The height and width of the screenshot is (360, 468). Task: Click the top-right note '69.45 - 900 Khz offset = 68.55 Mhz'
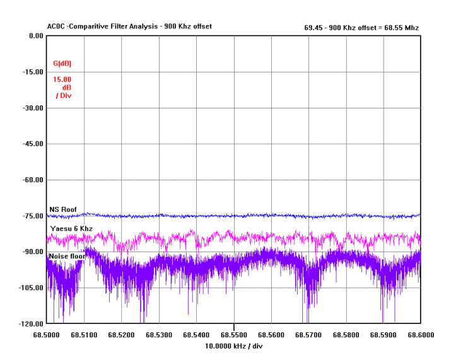[361, 28]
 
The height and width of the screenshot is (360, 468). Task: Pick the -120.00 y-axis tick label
[30, 323]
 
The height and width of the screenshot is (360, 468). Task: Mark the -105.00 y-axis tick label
[30, 287]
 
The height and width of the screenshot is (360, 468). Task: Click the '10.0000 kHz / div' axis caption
[234, 346]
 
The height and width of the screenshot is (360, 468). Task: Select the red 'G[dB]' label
[62, 64]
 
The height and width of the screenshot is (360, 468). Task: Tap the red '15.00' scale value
[62, 79]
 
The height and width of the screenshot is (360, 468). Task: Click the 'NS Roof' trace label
[62, 209]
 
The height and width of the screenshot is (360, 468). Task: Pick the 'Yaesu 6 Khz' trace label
[71, 228]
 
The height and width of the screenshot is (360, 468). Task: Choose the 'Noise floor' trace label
[67, 256]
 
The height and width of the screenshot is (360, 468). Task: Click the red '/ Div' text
[64, 95]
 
